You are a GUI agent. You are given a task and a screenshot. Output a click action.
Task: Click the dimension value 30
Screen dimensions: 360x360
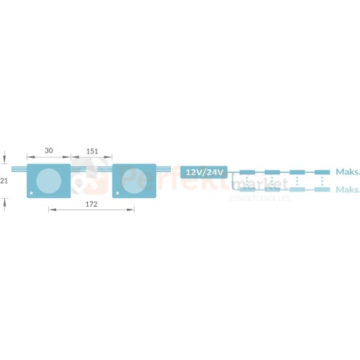coord(49,150)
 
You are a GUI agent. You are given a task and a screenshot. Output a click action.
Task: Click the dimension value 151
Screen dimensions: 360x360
coord(92,150)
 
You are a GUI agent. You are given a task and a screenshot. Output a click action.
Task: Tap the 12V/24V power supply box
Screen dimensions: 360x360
coord(204,172)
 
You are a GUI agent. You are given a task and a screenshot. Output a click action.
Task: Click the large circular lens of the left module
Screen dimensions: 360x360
coord(48,180)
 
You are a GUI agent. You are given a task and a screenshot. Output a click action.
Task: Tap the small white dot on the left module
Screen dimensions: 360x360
coord(32,193)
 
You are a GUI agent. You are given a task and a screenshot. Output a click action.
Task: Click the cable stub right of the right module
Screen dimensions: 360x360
coord(164,170)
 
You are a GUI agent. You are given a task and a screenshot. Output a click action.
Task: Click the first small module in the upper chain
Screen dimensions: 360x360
coord(246,173)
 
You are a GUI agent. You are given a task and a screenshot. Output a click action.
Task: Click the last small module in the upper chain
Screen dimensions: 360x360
coord(322,173)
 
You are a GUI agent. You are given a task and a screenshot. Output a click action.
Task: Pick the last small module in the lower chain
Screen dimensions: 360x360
coord(322,189)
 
